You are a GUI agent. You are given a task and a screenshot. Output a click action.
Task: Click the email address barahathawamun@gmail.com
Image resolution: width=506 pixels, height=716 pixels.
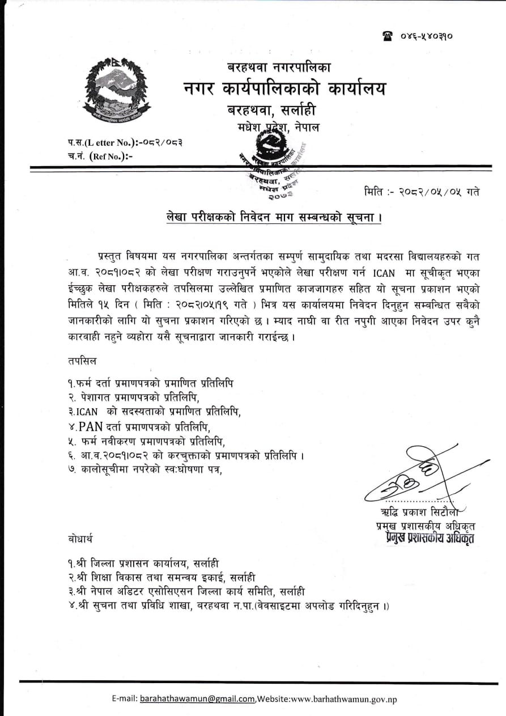(197, 699)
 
